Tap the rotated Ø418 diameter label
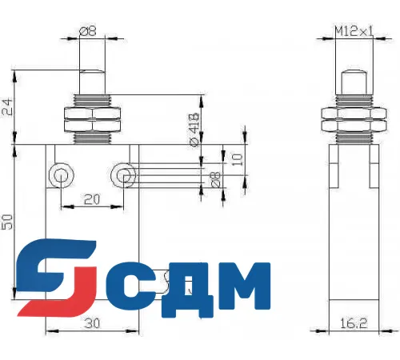(194, 129)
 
